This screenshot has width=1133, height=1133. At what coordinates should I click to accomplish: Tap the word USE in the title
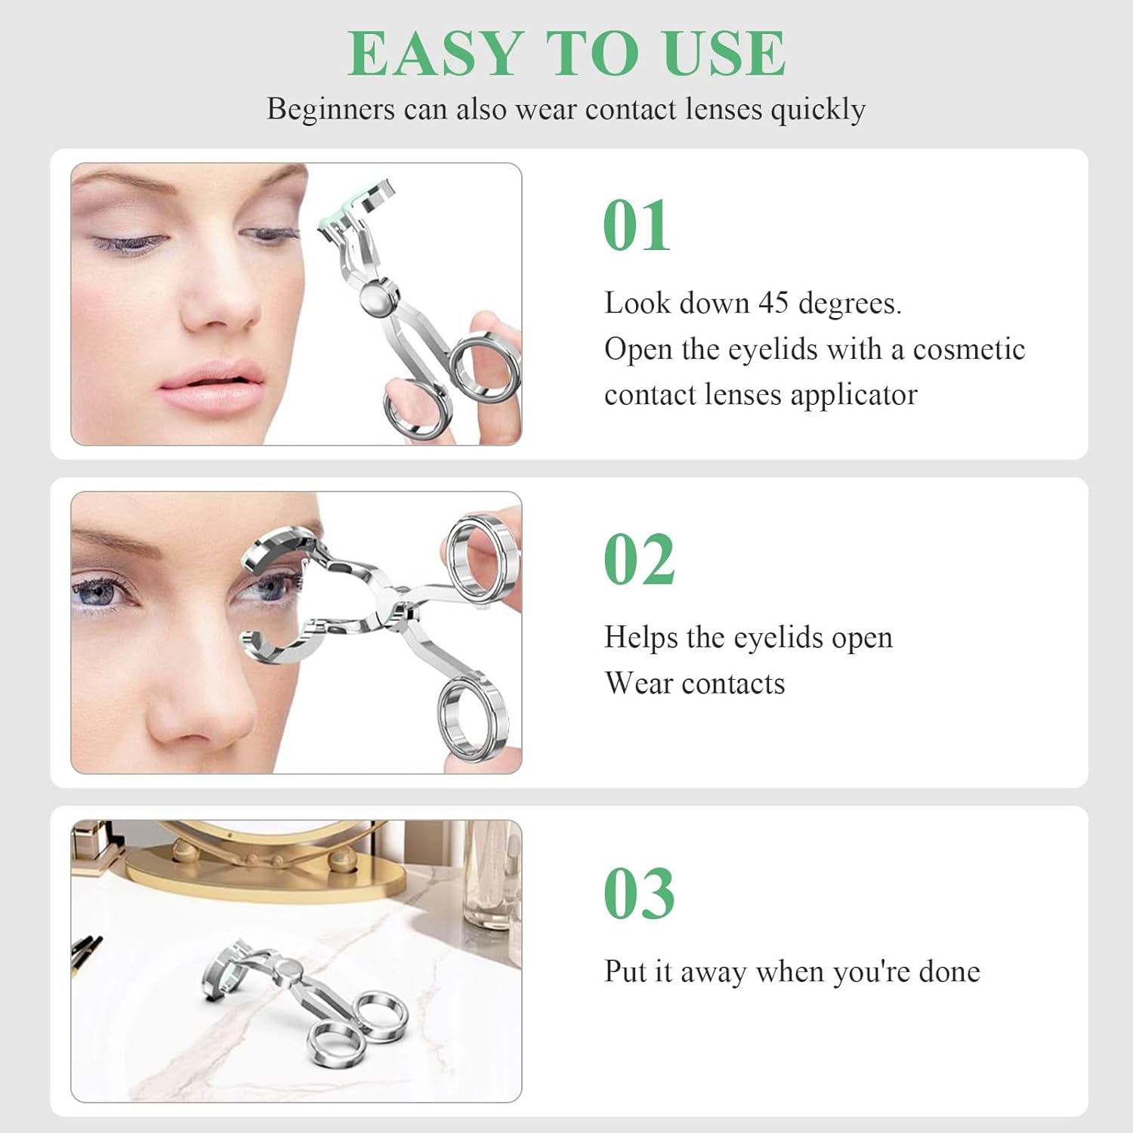point(724,54)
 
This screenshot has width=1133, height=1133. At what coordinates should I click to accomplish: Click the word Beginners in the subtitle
point(330,109)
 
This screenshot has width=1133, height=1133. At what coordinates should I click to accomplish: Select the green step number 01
point(637,226)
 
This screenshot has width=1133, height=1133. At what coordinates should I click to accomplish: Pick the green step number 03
point(639,894)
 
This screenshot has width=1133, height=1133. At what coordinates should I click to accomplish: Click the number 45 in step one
point(773,303)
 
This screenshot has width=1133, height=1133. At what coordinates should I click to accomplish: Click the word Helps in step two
point(641,638)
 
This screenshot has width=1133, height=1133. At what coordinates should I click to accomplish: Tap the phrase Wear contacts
point(694,684)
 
